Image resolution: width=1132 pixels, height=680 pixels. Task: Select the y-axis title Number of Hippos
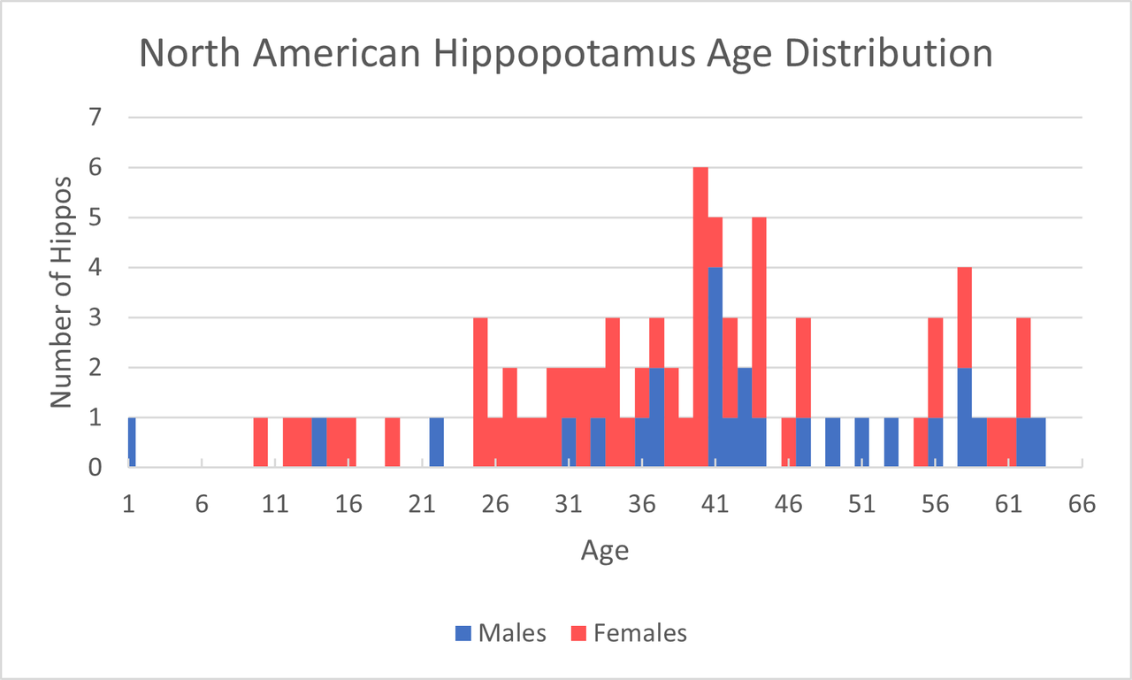[60, 292]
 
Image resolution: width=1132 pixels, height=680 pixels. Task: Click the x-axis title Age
[605, 551]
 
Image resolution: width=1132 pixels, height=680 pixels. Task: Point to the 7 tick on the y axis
[95, 118]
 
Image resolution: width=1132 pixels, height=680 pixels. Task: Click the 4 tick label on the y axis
[95, 268]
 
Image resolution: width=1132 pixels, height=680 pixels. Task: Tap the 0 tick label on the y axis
[95, 468]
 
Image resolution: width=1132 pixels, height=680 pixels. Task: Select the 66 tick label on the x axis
[1081, 505]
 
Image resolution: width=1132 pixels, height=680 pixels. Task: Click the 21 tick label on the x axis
[422, 505]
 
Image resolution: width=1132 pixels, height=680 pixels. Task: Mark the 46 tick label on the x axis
[788, 505]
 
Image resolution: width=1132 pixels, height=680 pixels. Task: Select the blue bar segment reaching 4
[715, 367]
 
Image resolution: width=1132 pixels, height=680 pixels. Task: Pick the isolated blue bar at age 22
[436, 442]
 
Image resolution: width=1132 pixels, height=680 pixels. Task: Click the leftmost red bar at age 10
[260, 442]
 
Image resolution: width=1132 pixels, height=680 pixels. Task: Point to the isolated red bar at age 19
[393, 442]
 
